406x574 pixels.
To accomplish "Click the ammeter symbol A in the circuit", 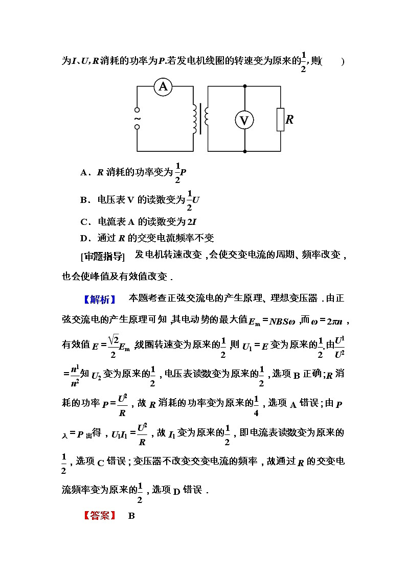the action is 163,87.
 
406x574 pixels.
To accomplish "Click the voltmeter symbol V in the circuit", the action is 244,120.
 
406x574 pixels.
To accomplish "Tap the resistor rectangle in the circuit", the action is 280,120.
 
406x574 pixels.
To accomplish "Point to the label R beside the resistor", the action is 290,120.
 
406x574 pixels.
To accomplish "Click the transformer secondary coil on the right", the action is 206,117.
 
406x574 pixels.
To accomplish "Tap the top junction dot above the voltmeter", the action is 244,87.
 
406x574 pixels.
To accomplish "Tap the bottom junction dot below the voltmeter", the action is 244,151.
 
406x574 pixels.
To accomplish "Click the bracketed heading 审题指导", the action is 102,256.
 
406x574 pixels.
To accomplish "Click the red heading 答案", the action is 100,515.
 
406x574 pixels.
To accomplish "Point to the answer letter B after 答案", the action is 131,516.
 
